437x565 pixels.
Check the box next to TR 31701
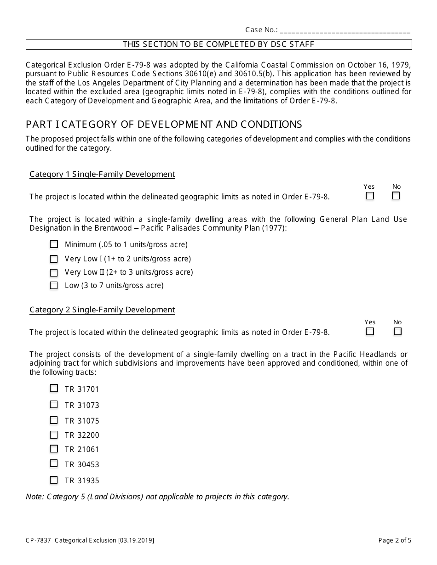(x=54, y=388)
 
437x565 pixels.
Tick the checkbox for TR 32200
(x=54, y=434)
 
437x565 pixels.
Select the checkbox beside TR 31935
(x=54, y=480)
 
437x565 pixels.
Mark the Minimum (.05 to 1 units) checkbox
(x=54, y=244)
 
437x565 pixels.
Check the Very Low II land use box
(x=54, y=272)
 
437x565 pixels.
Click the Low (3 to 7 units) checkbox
(x=54, y=285)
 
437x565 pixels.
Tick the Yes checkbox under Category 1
(x=370, y=196)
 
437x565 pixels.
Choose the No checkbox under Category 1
(x=396, y=196)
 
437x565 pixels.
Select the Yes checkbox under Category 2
(x=370, y=331)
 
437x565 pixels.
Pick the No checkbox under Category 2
(x=397, y=331)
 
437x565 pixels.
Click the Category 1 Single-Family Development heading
(x=102, y=174)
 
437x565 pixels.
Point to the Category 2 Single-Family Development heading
(x=102, y=310)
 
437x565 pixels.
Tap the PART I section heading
(x=164, y=124)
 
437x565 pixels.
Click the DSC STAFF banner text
(x=218, y=45)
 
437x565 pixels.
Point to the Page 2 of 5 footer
(x=395, y=540)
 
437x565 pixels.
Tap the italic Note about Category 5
(x=157, y=496)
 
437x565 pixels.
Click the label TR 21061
(x=82, y=449)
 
